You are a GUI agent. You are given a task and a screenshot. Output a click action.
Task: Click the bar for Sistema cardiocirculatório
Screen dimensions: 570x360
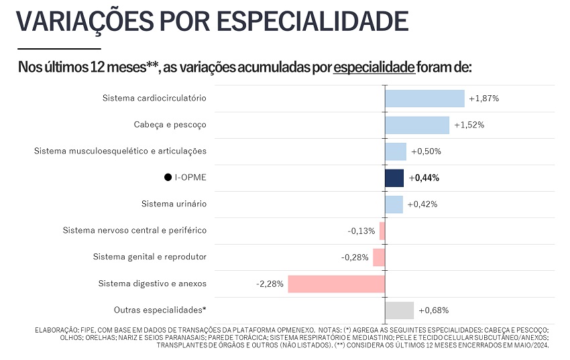(425, 99)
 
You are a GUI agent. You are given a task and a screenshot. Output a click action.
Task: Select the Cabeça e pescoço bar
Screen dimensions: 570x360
(417, 125)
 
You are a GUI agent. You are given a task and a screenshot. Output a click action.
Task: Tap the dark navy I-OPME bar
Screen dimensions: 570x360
(394, 178)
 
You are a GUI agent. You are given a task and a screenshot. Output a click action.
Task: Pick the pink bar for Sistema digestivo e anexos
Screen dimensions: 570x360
(337, 284)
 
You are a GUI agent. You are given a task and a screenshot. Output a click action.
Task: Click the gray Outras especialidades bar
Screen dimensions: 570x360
(400, 310)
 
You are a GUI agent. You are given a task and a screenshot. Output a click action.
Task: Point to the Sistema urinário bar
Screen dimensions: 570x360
(394, 204)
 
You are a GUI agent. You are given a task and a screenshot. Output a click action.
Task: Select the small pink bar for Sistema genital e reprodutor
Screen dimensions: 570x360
(379, 257)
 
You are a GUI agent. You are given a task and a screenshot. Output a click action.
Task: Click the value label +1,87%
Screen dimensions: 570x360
(484, 99)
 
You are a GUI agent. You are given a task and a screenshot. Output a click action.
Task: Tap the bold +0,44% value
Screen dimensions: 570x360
(424, 178)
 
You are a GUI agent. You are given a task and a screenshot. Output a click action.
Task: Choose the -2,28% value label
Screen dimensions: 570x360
(270, 284)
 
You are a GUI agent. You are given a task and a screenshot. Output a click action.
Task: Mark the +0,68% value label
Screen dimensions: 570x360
(434, 310)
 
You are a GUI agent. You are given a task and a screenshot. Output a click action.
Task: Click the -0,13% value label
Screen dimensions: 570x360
(361, 231)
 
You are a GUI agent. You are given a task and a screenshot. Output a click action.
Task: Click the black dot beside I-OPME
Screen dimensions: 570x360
(168, 177)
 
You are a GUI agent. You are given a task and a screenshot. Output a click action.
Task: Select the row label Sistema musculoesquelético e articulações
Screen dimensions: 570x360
(120, 151)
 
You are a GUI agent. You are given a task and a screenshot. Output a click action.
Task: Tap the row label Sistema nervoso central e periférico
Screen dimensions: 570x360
(135, 231)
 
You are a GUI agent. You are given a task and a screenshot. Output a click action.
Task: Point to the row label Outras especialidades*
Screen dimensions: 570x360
(160, 310)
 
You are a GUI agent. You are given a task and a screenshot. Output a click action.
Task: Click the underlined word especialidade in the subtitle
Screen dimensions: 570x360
(374, 67)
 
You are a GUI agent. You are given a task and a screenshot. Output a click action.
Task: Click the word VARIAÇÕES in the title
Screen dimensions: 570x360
(84, 22)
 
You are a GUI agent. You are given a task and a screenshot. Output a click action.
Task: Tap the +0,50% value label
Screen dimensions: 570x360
(426, 152)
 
